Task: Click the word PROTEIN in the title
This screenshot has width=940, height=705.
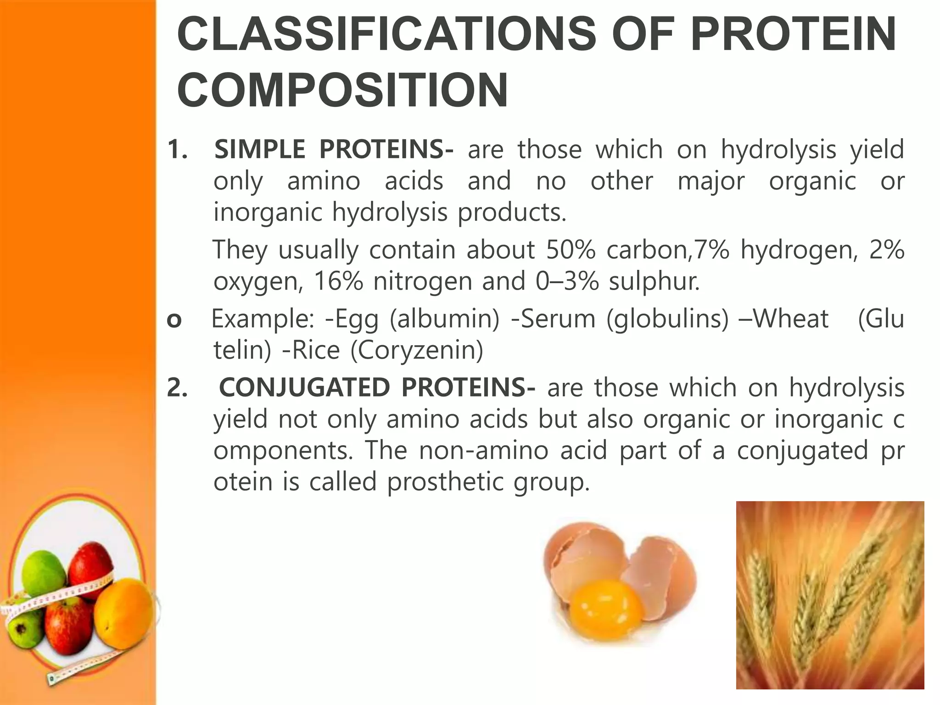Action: (x=793, y=34)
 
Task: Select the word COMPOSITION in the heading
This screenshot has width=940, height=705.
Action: (x=342, y=90)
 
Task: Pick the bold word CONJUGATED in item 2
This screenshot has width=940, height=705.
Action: (x=303, y=388)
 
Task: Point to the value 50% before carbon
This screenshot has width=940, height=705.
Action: (x=571, y=251)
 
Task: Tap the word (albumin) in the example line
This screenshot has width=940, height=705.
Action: (x=444, y=319)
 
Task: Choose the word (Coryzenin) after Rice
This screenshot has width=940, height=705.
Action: (x=417, y=351)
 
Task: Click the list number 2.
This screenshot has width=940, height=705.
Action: (x=177, y=388)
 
